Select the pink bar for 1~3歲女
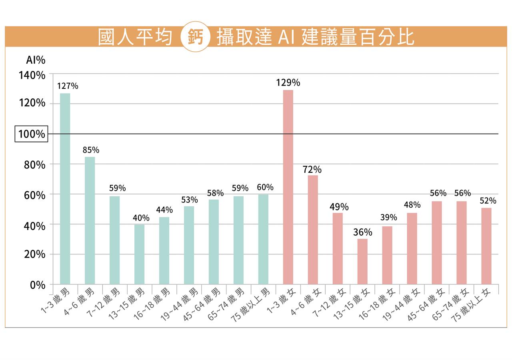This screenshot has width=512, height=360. (288, 187)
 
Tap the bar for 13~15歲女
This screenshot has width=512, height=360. (362, 262)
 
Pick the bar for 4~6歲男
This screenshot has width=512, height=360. (90, 220)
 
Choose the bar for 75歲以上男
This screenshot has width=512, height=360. (263, 239)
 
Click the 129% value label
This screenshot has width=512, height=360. (288, 83)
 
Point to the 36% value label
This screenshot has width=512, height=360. (362, 232)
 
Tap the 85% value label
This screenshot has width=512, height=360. (91, 150)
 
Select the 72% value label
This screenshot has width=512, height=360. (312, 170)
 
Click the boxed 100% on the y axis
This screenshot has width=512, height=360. (32, 134)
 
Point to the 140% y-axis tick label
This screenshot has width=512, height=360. (32, 75)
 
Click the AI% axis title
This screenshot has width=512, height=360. (36, 60)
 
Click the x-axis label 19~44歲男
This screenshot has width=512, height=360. (183, 304)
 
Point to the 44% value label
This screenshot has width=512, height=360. (164, 210)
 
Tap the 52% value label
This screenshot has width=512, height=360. (488, 201)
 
